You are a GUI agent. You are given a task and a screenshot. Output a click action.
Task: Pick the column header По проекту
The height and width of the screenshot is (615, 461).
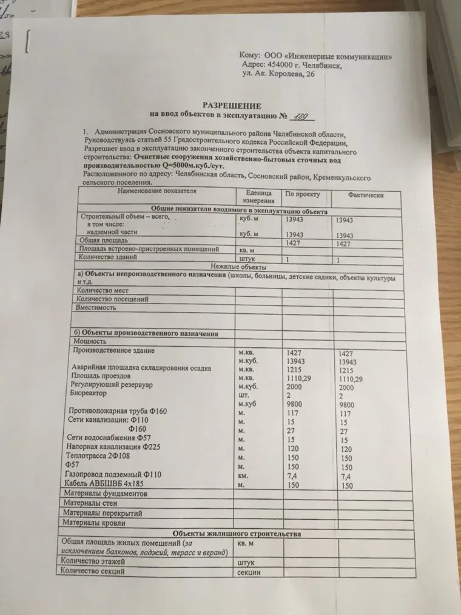(298, 195)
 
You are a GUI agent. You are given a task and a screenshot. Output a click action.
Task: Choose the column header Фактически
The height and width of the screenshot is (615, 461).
(366, 197)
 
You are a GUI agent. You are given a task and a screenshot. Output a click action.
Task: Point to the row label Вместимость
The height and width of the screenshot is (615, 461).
(96, 308)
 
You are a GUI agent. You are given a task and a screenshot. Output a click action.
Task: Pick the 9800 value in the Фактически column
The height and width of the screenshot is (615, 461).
(347, 405)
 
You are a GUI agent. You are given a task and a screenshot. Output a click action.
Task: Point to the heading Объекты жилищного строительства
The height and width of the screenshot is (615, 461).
(235, 532)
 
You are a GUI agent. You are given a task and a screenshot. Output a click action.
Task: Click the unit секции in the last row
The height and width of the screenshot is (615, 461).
(249, 573)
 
